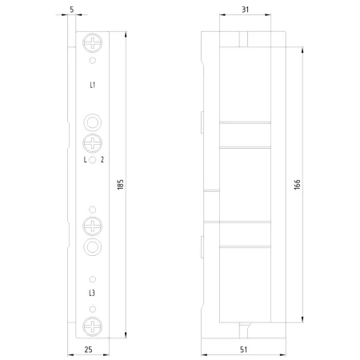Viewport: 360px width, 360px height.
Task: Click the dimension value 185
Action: click(121, 185)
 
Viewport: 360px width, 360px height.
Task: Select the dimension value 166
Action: click(297, 185)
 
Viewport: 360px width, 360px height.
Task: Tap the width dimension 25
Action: click(89, 350)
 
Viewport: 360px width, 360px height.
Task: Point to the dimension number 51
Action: click(243, 350)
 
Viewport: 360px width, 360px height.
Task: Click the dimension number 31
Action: click(246, 10)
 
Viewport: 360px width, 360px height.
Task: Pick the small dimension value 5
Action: click(72, 10)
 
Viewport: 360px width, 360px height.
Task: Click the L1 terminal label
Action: click(92, 85)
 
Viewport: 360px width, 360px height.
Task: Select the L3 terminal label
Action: click(92, 293)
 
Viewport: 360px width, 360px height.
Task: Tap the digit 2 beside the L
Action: click(102, 159)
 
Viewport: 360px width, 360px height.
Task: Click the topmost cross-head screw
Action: click(93, 42)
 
